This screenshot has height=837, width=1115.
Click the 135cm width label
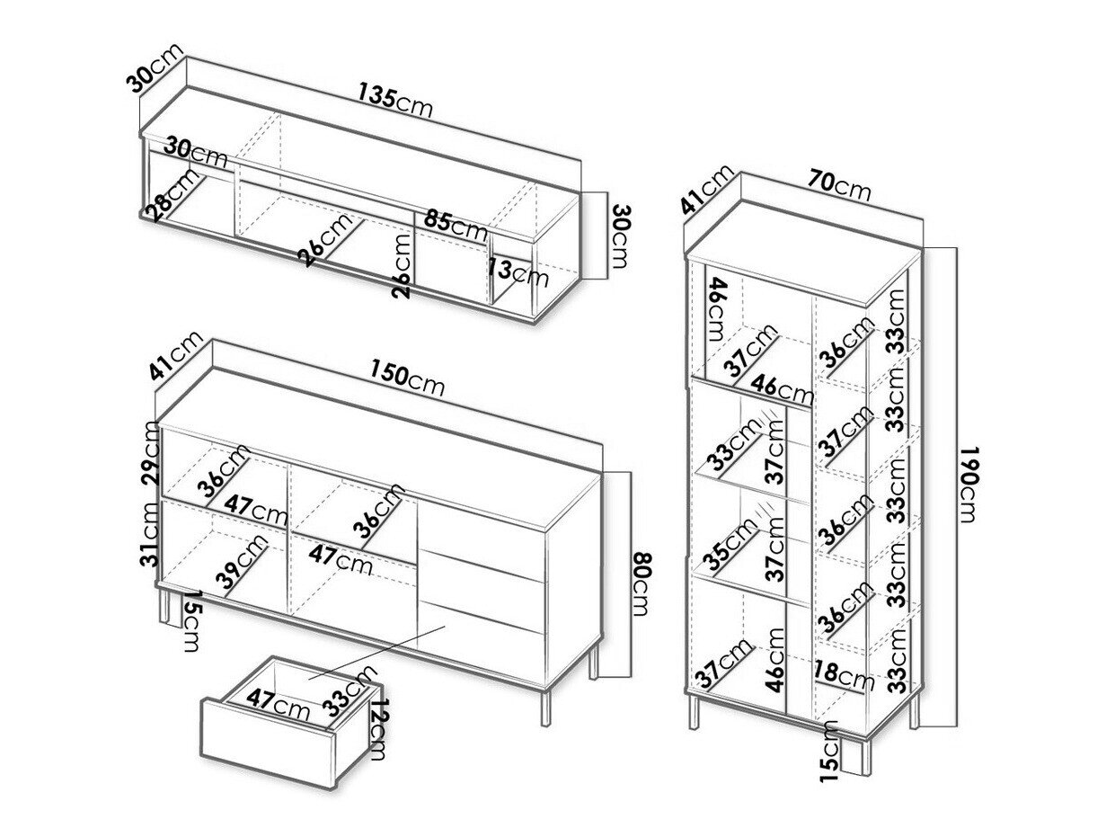pyautogui.click(x=394, y=100)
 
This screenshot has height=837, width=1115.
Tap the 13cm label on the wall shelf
pyautogui.click(x=519, y=272)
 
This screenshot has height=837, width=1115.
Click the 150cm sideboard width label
pyautogui.click(x=406, y=378)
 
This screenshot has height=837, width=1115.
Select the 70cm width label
pyautogui.click(x=838, y=184)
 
